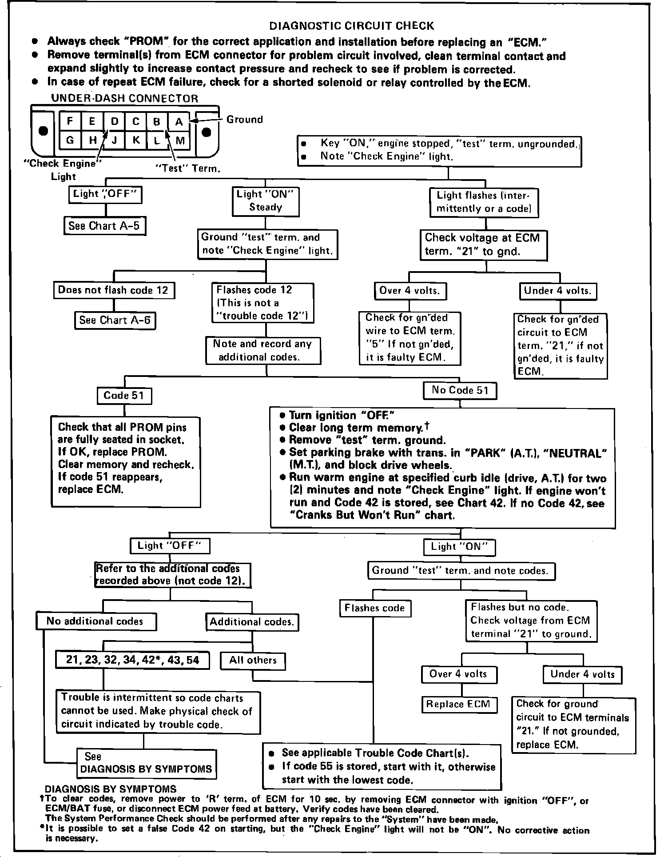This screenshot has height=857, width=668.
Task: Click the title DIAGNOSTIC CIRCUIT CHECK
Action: click(352, 26)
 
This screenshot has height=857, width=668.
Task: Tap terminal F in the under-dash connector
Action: click(70, 120)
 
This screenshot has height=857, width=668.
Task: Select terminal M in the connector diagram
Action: click(180, 141)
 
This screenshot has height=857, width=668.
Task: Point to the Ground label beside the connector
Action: click(244, 120)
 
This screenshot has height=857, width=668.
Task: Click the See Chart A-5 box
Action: click(104, 226)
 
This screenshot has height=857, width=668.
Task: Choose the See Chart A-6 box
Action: click(115, 320)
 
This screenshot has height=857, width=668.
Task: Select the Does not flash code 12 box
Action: click(114, 290)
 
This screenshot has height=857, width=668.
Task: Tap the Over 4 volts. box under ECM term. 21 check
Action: click(410, 291)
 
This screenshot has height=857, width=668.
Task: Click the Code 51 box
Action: click(124, 396)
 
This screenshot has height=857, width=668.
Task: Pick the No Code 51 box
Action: click(460, 391)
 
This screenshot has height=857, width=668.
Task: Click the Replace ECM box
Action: click(458, 704)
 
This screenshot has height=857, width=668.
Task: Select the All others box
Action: click(253, 661)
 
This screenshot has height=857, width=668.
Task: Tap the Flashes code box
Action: click(375, 608)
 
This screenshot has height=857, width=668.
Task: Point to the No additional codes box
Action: click(95, 621)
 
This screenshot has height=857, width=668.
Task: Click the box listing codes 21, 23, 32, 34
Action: click(132, 660)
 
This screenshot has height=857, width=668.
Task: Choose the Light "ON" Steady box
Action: click(266, 200)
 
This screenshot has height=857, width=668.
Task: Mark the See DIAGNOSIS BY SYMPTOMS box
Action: click(146, 763)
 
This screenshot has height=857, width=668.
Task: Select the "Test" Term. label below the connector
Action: click(187, 169)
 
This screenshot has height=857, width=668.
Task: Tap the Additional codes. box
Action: click(252, 622)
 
